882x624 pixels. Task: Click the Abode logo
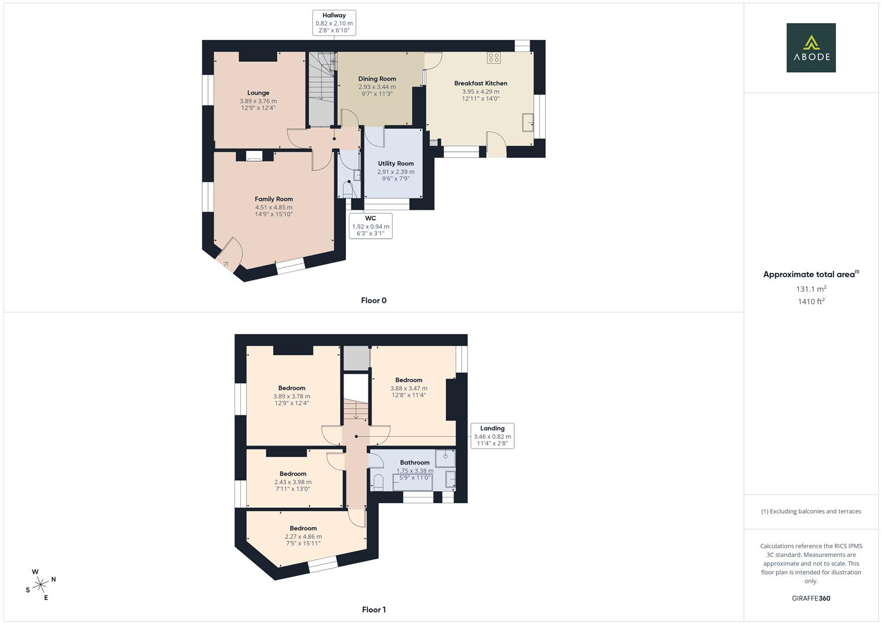tap(811, 47)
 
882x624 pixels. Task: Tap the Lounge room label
tap(258, 93)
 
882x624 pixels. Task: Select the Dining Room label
tap(377, 79)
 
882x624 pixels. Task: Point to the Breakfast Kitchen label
tap(481, 83)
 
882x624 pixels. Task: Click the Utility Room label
tap(396, 164)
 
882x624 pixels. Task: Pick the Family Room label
tap(274, 199)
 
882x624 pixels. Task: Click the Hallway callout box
tap(334, 23)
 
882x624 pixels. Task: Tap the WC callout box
tap(370, 226)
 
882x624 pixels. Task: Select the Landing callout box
tap(492, 436)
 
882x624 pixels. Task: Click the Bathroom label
tap(415, 462)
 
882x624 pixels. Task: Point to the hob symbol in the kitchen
tap(494, 58)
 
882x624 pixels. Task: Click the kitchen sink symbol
tap(528, 122)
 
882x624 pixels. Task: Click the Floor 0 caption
tap(374, 300)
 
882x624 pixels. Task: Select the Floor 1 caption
tap(374, 610)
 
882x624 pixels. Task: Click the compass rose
tap(40, 585)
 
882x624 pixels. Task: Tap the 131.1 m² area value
tap(811, 289)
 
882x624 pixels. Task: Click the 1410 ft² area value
tap(811, 302)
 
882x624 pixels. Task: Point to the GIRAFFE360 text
tap(811, 599)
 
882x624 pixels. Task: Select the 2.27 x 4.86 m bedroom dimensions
tap(303, 537)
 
